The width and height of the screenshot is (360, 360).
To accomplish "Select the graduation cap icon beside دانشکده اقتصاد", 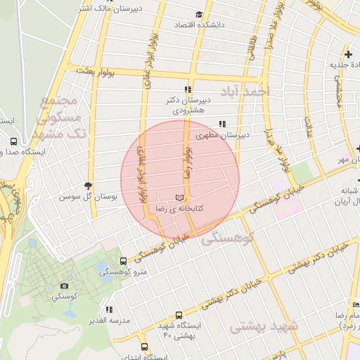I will [200, 14].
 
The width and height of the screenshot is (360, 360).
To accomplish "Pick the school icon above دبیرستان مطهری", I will [222, 124].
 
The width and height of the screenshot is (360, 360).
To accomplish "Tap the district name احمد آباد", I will [245, 91].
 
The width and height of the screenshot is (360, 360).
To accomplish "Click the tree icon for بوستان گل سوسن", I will [87, 186].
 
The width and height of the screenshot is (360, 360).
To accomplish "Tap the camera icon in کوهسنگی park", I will [65, 285].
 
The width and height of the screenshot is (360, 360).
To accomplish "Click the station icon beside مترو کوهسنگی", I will [124, 262].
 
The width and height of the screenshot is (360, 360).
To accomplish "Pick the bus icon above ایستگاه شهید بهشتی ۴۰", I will [179, 315].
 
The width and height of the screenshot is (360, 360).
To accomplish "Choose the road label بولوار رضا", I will [188, 162].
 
